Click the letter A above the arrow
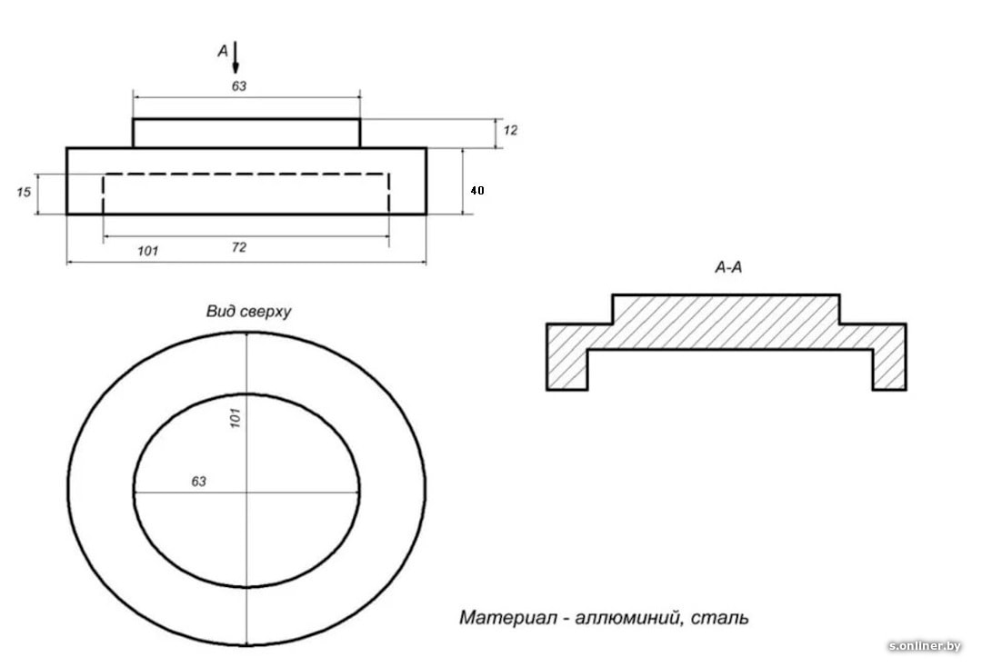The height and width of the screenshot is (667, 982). click(x=223, y=52)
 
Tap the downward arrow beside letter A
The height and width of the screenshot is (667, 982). click(x=235, y=57)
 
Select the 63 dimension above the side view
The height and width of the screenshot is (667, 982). click(x=239, y=85)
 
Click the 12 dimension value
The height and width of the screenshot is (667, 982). click(x=510, y=131)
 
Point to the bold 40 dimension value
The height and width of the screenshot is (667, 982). click(x=476, y=191)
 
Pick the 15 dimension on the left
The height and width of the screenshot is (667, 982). click(x=25, y=192)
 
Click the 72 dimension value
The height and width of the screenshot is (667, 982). click(x=239, y=247)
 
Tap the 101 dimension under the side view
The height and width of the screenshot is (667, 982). click(x=147, y=250)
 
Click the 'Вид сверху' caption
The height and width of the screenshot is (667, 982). click(x=247, y=312)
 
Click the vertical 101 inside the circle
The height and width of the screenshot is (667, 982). click(x=235, y=419)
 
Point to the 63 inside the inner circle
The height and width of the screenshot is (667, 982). click(x=198, y=482)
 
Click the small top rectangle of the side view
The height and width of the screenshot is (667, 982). click(x=246, y=133)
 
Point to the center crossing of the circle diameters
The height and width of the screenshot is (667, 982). click(x=246, y=492)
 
